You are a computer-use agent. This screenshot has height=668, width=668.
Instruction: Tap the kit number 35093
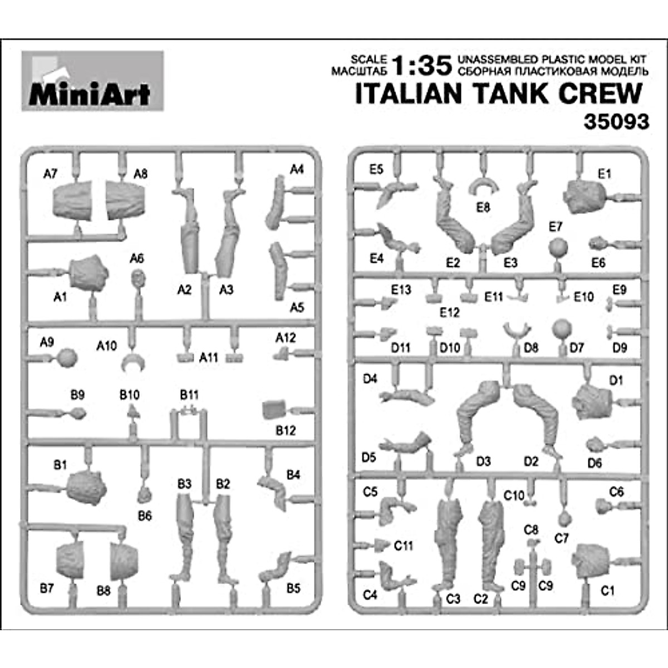(x=616, y=121)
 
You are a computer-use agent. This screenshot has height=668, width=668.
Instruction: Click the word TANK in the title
(x=513, y=94)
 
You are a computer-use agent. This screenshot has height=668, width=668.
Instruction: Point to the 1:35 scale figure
(x=422, y=65)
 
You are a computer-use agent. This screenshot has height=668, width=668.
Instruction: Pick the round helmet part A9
(x=67, y=358)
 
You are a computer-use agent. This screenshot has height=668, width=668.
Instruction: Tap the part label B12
(x=286, y=430)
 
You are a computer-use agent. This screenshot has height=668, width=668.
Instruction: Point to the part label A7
(x=50, y=174)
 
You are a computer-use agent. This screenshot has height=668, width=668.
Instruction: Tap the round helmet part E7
(x=557, y=248)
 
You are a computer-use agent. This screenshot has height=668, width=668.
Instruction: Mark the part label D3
(x=483, y=461)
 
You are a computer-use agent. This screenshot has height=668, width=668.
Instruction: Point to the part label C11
(x=404, y=546)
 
